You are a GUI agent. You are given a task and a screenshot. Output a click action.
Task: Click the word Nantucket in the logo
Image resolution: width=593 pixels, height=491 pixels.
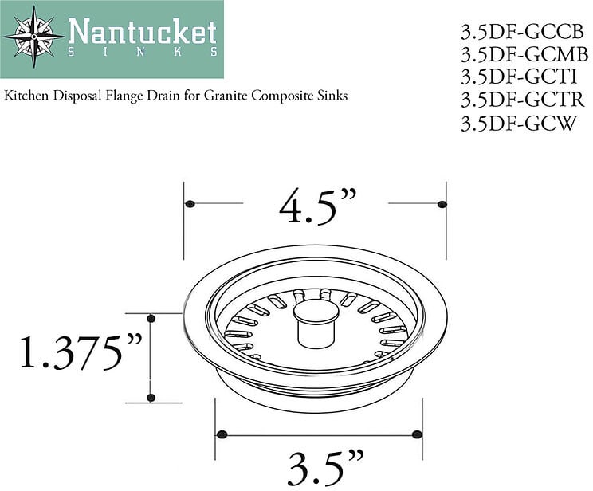(x=142, y=32)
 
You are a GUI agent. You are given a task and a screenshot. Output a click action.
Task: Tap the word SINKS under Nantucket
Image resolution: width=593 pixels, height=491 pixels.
(x=142, y=52)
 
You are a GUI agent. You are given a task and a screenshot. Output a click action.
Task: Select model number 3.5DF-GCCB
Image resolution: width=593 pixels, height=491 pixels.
(x=522, y=32)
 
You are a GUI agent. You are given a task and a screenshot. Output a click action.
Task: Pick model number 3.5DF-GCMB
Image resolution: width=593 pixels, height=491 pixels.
(x=524, y=55)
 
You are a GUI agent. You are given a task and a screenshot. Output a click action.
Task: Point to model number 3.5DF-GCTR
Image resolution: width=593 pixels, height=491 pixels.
(x=522, y=100)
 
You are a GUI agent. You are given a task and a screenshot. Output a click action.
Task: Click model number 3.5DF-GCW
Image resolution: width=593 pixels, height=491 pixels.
(x=518, y=124)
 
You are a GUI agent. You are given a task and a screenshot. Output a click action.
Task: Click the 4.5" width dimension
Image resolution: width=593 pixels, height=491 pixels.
(x=316, y=208)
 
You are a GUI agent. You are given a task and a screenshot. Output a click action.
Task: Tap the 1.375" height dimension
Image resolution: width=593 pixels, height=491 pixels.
(x=80, y=353)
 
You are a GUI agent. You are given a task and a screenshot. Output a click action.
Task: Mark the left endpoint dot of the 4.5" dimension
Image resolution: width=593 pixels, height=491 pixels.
(x=190, y=205)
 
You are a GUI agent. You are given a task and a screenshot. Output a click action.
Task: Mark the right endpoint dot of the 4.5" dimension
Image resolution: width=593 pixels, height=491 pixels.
(x=442, y=205)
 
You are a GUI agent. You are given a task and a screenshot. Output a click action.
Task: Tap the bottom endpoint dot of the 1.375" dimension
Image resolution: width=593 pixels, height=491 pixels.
(x=151, y=398)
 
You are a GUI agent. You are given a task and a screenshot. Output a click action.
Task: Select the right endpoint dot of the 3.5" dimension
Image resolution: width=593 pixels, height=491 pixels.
(x=416, y=434)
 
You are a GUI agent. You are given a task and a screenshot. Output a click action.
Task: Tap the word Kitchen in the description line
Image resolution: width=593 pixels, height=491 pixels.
(x=26, y=96)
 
